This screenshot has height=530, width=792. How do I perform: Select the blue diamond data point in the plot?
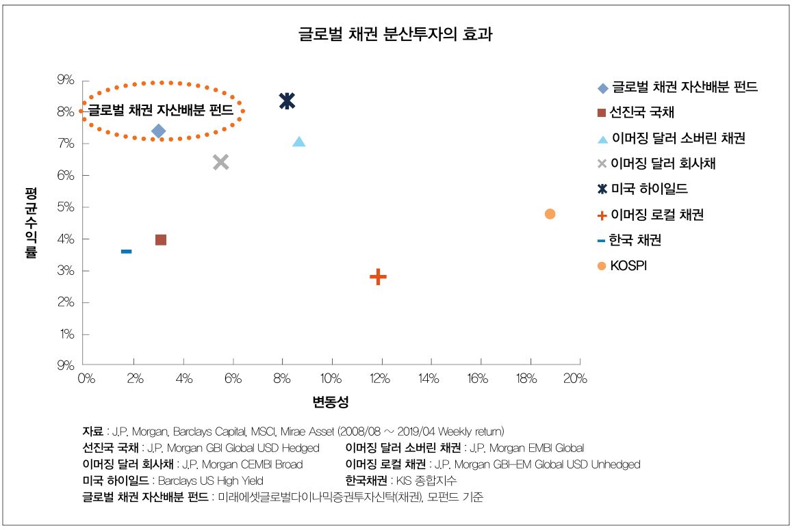(x=159, y=131)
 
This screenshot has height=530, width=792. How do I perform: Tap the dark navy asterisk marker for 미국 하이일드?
(x=287, y=101)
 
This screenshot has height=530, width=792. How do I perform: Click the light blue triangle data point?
(x=299, y=142)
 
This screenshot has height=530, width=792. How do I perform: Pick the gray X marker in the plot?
(x=220, y=162)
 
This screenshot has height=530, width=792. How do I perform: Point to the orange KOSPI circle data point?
(x=550, y=214)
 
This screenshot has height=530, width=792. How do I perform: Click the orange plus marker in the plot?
(x=378, y=277)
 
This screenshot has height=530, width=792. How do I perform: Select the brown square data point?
(x=161, y=239)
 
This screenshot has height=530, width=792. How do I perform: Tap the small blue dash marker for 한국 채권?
(x=126, y=252)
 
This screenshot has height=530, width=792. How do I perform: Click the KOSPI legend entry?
(x=628, y=266)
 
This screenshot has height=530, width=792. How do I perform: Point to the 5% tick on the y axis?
(x=66, y=207)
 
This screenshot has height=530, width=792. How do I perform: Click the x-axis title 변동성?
(x=331, y=402)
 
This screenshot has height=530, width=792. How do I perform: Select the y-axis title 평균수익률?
(x=31, y=222)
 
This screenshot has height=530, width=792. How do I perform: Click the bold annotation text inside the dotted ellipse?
(x=161, y=110)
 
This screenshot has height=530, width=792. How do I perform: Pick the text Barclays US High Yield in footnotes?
(x=210, y=481)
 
